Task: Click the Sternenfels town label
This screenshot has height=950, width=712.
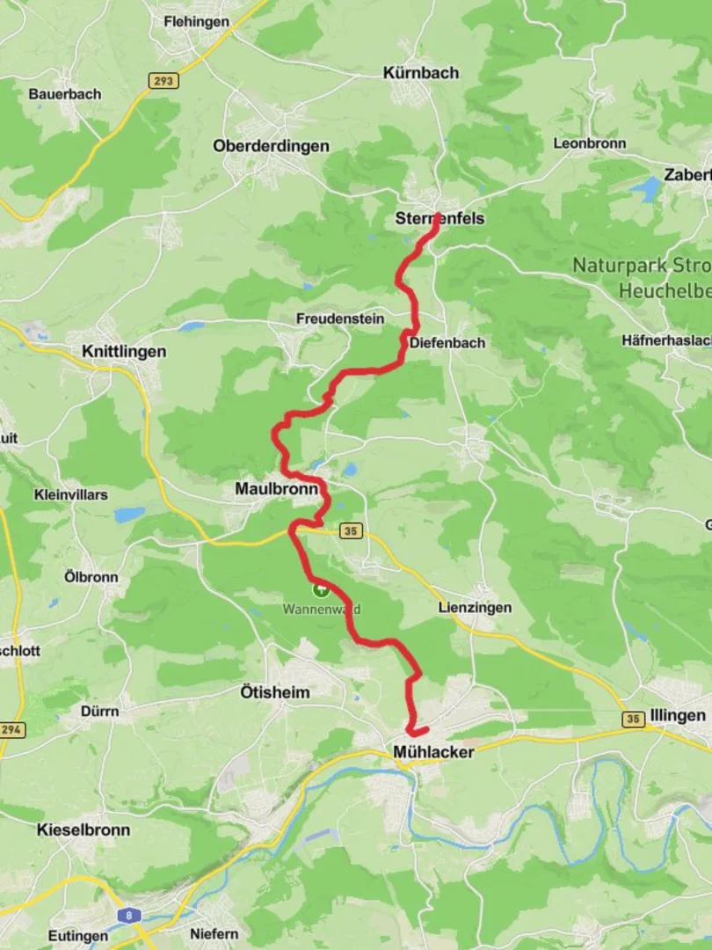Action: [x=440, y=218]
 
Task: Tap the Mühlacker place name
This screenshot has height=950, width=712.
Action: [x=433, y=752]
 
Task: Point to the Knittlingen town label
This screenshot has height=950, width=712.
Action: [x=123, y=351]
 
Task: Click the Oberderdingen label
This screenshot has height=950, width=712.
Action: [x=271, y=146]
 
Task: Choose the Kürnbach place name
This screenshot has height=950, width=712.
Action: [x=421, y=73]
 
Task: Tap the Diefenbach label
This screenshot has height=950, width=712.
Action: [x=447, y=342]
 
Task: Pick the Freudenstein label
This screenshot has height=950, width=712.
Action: [x=340, y=318]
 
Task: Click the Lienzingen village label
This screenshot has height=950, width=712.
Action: [x=475, y=608]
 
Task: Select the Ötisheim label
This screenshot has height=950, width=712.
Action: [x=274, y=692]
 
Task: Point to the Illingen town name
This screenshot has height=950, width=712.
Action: [x=678, y=715]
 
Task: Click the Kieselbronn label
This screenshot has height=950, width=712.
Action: [x=84, y=829]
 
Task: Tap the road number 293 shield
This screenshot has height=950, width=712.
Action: [x=163, y=81]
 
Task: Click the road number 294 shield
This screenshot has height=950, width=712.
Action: [x=13, y=729]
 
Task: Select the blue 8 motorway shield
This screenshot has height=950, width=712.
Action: [x=128, y=916]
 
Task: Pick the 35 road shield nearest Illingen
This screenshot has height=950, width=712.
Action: [x=633, y=720]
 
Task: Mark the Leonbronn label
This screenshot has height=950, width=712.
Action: [x=589, y=143]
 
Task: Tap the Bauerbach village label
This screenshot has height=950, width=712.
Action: [x=65, y=94]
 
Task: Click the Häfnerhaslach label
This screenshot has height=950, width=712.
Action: [x=665, y=340]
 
